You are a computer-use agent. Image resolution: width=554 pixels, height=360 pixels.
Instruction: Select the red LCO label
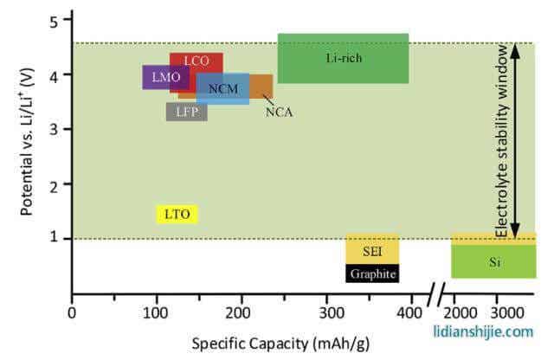196,61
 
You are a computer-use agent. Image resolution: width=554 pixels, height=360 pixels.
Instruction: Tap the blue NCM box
222,89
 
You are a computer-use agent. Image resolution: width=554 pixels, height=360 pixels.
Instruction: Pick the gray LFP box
186,112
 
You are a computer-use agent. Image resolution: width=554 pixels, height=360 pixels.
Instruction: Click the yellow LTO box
177,214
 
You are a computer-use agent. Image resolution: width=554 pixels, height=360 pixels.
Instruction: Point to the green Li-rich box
343,58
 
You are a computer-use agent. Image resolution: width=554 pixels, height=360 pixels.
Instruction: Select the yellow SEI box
372,251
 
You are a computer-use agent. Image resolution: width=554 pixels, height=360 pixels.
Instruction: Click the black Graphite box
372,273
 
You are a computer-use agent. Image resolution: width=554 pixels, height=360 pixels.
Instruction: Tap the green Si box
493,260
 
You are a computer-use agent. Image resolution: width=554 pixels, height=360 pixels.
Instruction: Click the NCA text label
279,112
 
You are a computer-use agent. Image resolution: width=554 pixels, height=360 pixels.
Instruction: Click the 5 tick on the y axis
52,20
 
